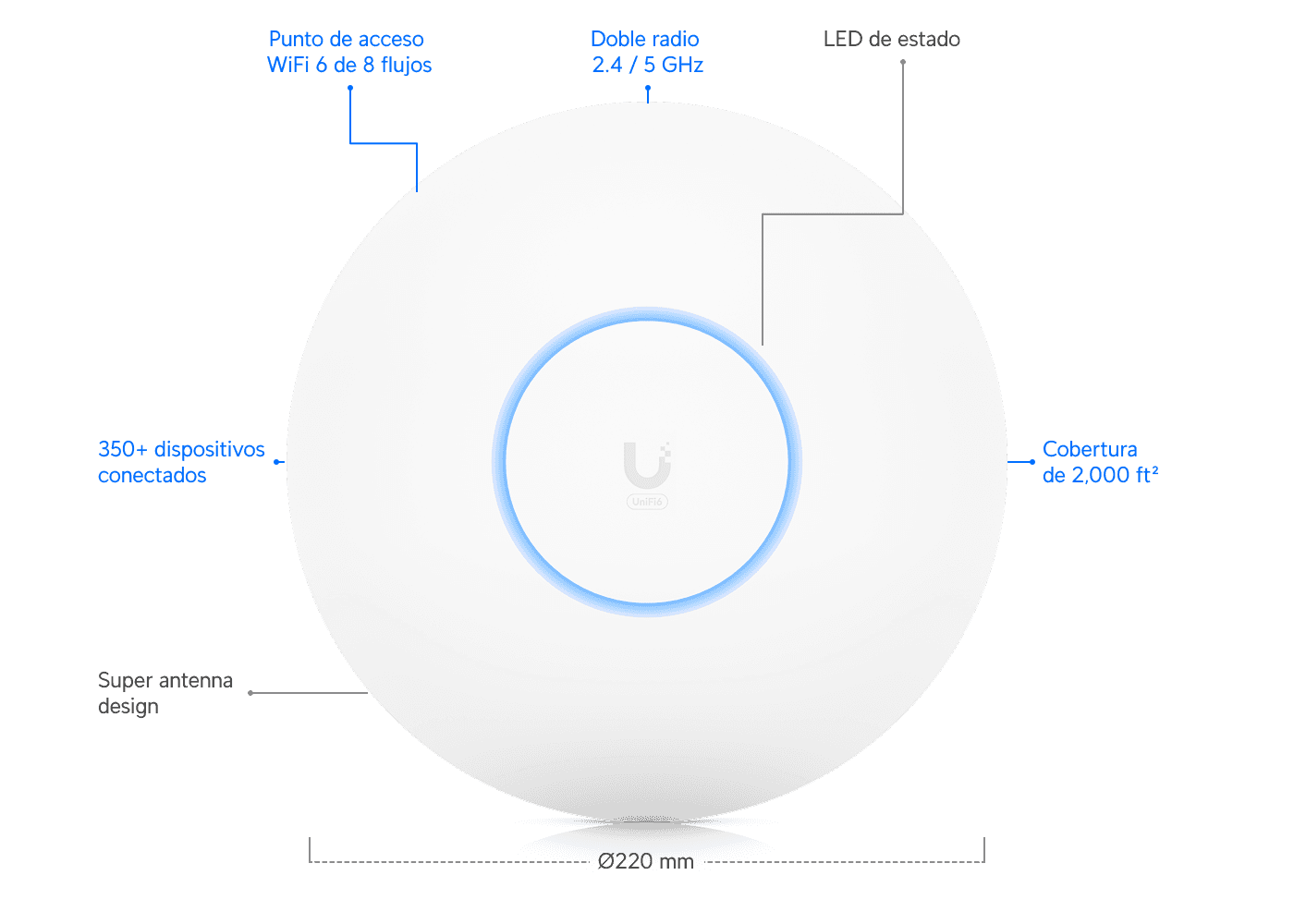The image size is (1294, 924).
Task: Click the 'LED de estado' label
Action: click(891, 39)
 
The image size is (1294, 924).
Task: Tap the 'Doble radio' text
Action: click(645, 39)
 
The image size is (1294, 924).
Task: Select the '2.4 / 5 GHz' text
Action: click(648, 65)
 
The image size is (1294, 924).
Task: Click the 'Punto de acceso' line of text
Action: click(346, 39)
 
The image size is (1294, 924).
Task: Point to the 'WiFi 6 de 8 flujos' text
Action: click(349, 66)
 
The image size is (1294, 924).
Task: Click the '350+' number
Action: click(122, 449)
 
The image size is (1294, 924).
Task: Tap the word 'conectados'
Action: click(152, 475)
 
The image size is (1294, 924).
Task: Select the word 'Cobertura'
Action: click(1090, 449)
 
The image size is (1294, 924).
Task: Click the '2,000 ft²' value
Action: click(1115, 475)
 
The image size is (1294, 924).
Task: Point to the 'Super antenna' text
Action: click(165, 681)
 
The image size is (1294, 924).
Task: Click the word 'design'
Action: click(128, 707)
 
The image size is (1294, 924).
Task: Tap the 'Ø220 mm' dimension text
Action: click(645, 861)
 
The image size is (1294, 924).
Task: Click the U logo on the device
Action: click(648, 465)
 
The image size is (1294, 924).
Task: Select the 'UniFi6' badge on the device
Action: click(647, 502)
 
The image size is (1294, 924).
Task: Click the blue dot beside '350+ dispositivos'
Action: click(276, 462)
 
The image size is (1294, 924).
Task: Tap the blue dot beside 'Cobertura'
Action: click(1032, 462)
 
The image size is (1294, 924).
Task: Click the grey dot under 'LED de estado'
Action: click(903, 63)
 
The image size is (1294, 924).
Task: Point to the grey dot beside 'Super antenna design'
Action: click(250, 693)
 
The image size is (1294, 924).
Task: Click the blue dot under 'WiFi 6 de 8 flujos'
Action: click(350, 89)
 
